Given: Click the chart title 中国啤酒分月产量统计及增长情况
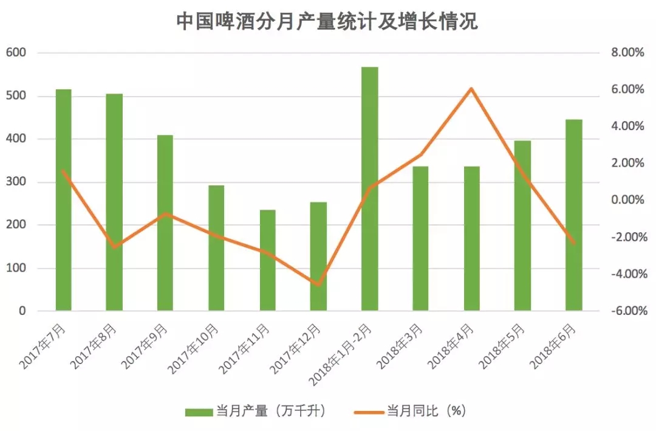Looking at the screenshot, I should coord(327,22).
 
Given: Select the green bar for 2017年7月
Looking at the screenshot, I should coord(63,201).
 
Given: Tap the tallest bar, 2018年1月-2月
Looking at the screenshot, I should coord(369,189).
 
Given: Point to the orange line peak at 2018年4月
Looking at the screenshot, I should coord(471,89).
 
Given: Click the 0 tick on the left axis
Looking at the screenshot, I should coord(22,311).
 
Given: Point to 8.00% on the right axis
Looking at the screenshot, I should coord(627,53).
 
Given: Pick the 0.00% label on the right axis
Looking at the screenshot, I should coord(627,201).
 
